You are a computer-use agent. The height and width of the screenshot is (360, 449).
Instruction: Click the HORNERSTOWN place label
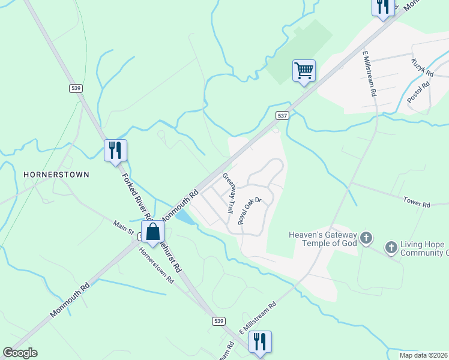click(x=56, y=175)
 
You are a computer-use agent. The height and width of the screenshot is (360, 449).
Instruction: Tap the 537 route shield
click(x=283, y=115)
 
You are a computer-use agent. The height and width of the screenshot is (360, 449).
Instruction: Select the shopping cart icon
click(x=304, y=71)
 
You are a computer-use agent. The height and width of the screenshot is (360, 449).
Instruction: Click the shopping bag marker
click(x=153, y=232)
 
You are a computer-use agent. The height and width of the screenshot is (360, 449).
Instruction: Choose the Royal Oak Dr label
click(x=250, y=211)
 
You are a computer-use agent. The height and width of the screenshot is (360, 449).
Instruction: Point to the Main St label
click(x=123, y=226)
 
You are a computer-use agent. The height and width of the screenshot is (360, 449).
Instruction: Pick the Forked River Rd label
click(x=133, y=196)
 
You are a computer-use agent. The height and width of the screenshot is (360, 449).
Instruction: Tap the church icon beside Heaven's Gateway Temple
click(x=366, y=239)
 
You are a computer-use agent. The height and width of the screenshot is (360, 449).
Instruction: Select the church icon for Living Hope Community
click(x=391, y=247)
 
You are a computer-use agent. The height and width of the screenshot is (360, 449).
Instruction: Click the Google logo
click(x=20, y=353)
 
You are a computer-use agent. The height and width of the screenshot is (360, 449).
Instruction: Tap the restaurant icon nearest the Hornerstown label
click(x=115, y=150)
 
